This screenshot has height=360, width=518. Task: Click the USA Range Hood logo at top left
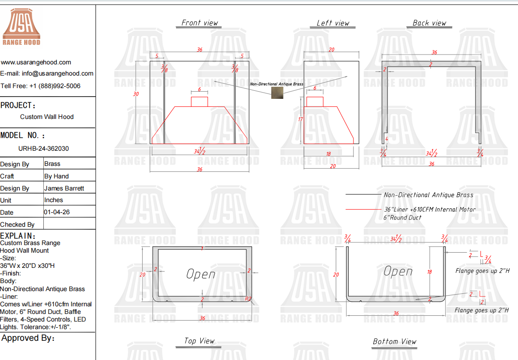click(21, 27)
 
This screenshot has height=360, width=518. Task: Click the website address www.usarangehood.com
click(36, 62)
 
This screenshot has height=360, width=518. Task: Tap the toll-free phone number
click(55, 86)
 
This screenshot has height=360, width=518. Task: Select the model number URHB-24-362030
click(44, 148)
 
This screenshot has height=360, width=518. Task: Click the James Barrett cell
click(64, 188)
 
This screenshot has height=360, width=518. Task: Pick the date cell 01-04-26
click(57, 212)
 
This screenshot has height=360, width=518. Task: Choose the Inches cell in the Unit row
click(54, 200)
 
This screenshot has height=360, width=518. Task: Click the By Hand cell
click(56, 176)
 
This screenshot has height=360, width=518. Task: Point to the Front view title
click(199, 23)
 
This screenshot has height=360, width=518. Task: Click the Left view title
click(333, 23)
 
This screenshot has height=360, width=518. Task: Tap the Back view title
click(429, 23)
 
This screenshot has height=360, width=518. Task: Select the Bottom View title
click(395, 342)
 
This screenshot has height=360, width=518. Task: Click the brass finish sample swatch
click(277, 93)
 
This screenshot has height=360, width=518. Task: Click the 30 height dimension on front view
click(136, 94)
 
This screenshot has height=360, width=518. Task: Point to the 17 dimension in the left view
click(300, 119)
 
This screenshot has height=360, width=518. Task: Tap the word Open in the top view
click(201, 274)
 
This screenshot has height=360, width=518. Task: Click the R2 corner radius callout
click(248, 299)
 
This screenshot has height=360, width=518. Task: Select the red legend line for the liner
click(363, 210)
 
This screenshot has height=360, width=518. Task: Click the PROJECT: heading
click(18, 106)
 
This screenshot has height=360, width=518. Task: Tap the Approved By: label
click(28, 338)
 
